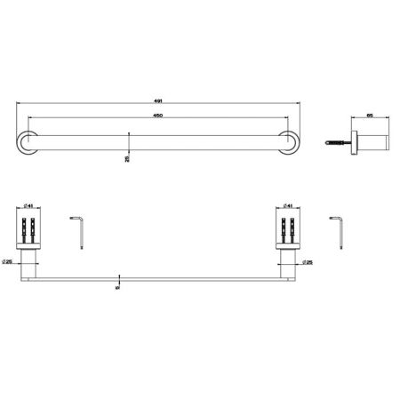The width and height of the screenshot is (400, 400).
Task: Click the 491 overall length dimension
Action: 157,101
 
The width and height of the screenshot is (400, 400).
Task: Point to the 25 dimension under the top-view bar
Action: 127,157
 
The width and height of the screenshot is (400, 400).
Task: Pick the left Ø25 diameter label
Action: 9,261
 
